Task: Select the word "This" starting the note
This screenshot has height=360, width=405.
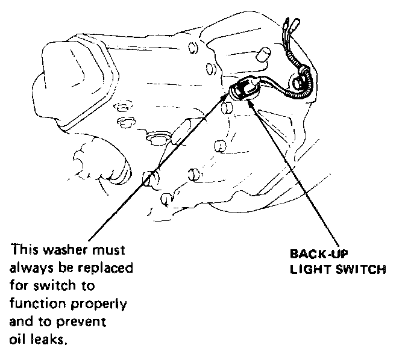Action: (x=23, y=249)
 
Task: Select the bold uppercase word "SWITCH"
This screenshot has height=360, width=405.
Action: (x=360, y=269)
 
